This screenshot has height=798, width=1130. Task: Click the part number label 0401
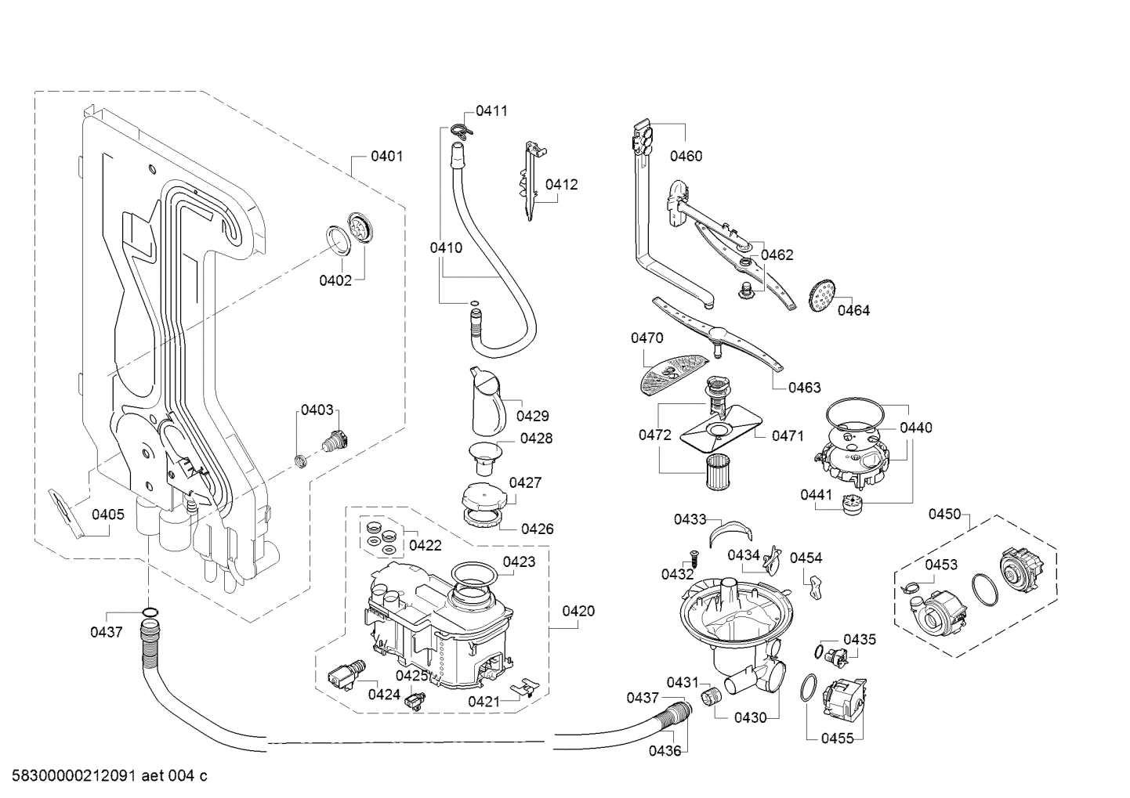[387, 157]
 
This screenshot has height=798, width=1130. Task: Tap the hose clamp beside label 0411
[109, 131]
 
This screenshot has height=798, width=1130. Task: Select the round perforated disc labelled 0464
[822, 295]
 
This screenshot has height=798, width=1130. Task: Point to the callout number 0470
[646, 338]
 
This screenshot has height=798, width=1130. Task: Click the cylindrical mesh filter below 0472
[718, 472]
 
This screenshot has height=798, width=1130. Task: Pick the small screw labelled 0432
[692, 557]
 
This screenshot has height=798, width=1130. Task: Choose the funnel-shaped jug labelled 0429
[487, 401]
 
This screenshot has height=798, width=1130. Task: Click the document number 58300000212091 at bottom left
[74, 775]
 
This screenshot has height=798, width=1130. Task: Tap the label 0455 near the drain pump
[838, 738]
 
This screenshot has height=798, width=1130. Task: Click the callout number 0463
[805, 387]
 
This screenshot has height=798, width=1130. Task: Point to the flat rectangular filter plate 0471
[721, 430]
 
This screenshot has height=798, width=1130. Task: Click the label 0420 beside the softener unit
[578, 611]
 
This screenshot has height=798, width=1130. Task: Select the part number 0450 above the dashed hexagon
[945, 515]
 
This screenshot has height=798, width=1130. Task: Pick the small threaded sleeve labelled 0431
[711, 695]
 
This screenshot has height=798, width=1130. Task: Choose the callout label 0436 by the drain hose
[665, 751]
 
